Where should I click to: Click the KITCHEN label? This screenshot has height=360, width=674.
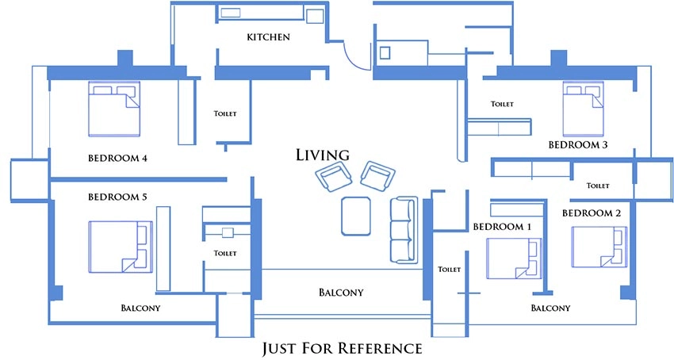[x=268, y=37]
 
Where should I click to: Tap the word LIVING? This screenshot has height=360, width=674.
[x=323, y=155]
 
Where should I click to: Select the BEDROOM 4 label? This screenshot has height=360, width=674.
[x=117, y=159]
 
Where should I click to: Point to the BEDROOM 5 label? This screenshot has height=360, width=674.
[x=117, y=197]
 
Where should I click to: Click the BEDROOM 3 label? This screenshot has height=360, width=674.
[x=578, y=145]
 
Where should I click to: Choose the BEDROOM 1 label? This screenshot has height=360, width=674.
[x=502, y=227]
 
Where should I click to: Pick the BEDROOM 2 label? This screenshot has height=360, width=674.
[x=592, y=213]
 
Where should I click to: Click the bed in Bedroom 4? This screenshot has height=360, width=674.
[x=114, y=109]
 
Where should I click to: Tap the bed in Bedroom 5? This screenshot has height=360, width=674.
[x=121, y=247]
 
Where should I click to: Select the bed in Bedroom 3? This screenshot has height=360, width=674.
[x=583, y=109]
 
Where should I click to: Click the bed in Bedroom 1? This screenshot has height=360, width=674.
[x=514, y=259]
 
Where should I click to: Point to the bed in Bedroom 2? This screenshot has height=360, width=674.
[x=599, y=247]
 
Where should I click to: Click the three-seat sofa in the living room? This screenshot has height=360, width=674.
[x=404, y=230]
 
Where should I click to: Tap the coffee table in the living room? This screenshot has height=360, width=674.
[x=356, y=216]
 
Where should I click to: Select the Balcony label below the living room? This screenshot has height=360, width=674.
[x=341, y=293]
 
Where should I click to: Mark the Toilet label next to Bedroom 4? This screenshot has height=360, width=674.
[x=225, y=113]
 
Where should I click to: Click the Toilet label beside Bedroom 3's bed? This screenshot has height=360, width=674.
[x=502, y=104]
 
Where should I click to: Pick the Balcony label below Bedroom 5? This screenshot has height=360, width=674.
[x=140, y=308]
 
